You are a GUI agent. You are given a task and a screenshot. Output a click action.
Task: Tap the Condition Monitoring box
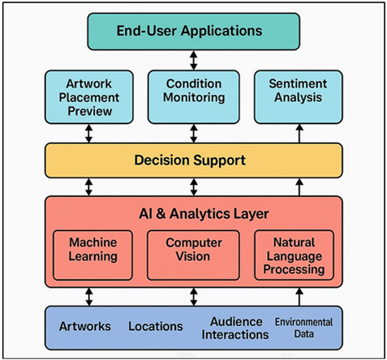193,91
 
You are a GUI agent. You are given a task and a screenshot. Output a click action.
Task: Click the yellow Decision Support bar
192,160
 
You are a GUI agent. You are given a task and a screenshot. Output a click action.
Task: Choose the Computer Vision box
193,250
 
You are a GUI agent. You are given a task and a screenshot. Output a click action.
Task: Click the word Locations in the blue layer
155,327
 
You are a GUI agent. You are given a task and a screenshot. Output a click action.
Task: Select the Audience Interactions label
234,328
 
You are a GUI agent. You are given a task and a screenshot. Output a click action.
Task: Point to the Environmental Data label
304,328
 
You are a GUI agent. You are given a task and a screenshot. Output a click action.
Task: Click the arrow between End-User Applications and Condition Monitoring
193,60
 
